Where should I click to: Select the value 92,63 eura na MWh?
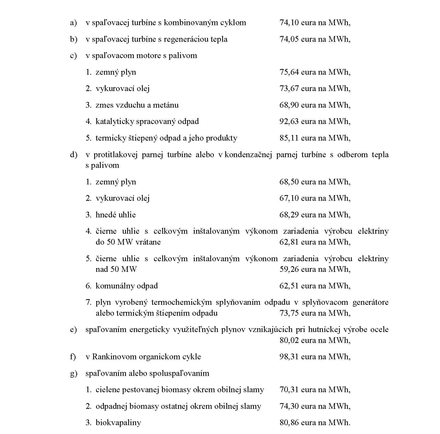tap(315, 121)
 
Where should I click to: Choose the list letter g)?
tap(74, 374)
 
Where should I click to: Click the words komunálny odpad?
tap(127, 286)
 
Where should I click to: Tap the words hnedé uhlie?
tap(116, 215)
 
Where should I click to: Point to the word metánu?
tap(166, 105)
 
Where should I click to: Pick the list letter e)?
tap(73, 330)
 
